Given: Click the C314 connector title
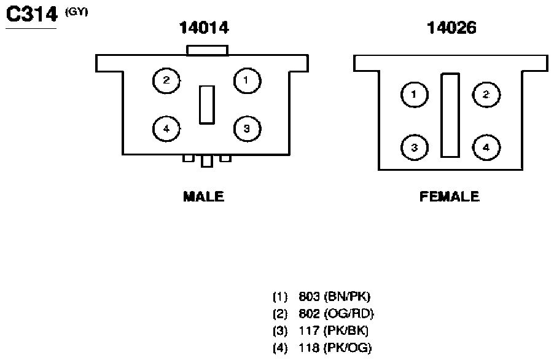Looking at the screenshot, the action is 32,15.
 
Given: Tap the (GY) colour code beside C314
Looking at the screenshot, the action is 76,12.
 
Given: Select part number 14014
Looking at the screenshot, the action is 204,28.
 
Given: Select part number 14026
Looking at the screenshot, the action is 451,28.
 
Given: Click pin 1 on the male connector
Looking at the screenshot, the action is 248,81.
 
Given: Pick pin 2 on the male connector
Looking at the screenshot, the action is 166,81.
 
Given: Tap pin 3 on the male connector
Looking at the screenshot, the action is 248,129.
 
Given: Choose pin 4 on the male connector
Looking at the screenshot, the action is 166,129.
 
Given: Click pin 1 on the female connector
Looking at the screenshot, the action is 415,95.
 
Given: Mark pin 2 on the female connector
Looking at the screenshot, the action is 486,95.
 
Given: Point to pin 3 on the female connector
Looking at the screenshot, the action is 415,147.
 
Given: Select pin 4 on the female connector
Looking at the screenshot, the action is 486,147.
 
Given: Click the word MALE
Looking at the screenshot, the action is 203,197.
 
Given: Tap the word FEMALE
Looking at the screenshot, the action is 450,197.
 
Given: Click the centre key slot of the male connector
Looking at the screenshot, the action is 207,105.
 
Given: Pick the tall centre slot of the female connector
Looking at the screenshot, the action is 450,115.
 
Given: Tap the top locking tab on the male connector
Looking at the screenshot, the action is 208,50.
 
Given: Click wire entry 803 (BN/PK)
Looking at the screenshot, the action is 321,296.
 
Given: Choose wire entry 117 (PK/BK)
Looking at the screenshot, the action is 321,331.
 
